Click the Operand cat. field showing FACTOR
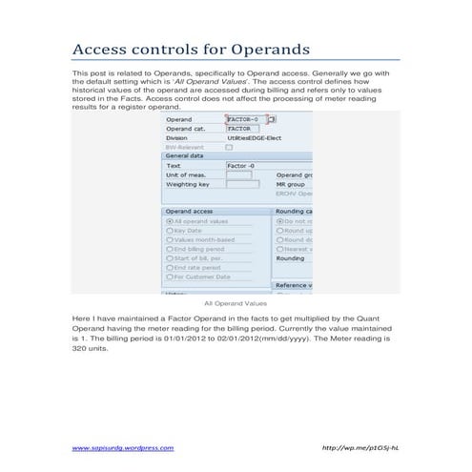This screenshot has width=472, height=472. tap(242, 129)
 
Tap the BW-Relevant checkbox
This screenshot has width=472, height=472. tap(229, 147)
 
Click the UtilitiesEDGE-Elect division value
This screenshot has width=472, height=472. tap(255, 137)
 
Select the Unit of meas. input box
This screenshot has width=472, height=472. tap(238, 174)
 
